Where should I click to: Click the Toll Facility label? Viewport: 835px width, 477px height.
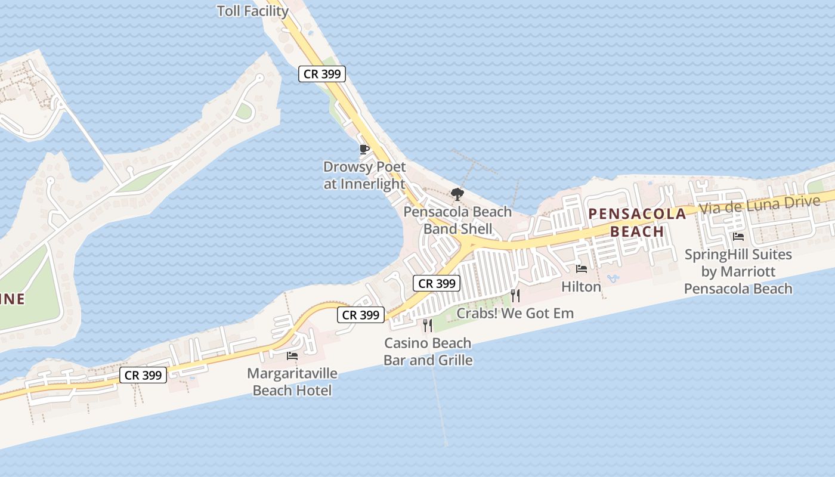pyautogui.click(x=253, y=11)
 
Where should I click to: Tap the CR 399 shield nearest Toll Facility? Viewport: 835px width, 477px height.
pyautogui.click(x=322, y=74)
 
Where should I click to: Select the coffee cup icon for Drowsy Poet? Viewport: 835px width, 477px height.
pyautogui.click(x=364, y=149)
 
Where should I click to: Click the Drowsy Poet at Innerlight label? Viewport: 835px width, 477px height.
pyautogui.click(x=364, y=175)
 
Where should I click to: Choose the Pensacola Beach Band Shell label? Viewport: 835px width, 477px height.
pyautogui.click(x=457, y=220)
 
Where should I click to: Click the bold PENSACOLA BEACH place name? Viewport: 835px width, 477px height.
pyautogui.click(x=637, y=222)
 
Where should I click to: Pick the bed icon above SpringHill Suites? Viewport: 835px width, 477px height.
pyautogui.click(x=738, y=237)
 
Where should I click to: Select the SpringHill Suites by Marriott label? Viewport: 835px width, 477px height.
pyautogui.click(x=738, y=271)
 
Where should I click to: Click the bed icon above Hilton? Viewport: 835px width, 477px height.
pyautogui.click(x=582, y=269)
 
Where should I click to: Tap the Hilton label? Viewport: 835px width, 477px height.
pyautogui.click(x=582, y=287)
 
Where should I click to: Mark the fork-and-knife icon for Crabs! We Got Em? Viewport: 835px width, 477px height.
pyautogui.click(x=515, y=295)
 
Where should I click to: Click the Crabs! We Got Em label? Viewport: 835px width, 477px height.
pyautogui.click(x=515, y=313)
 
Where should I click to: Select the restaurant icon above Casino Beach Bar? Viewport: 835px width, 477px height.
pyautogui.click(x=428, y=325)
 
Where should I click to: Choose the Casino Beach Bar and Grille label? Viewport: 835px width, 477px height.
pyautogui.click(x=428, y=351)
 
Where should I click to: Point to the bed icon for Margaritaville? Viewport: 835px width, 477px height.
pyautogui.click(x=292, y=356)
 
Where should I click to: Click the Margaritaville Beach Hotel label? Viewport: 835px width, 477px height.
pyautogui.click(x=292, y=382)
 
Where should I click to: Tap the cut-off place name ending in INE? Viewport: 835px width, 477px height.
pyautogui.click(x=13, y=299)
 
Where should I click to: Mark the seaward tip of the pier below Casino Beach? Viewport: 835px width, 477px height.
pyautogui.click(x=446, y=444)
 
